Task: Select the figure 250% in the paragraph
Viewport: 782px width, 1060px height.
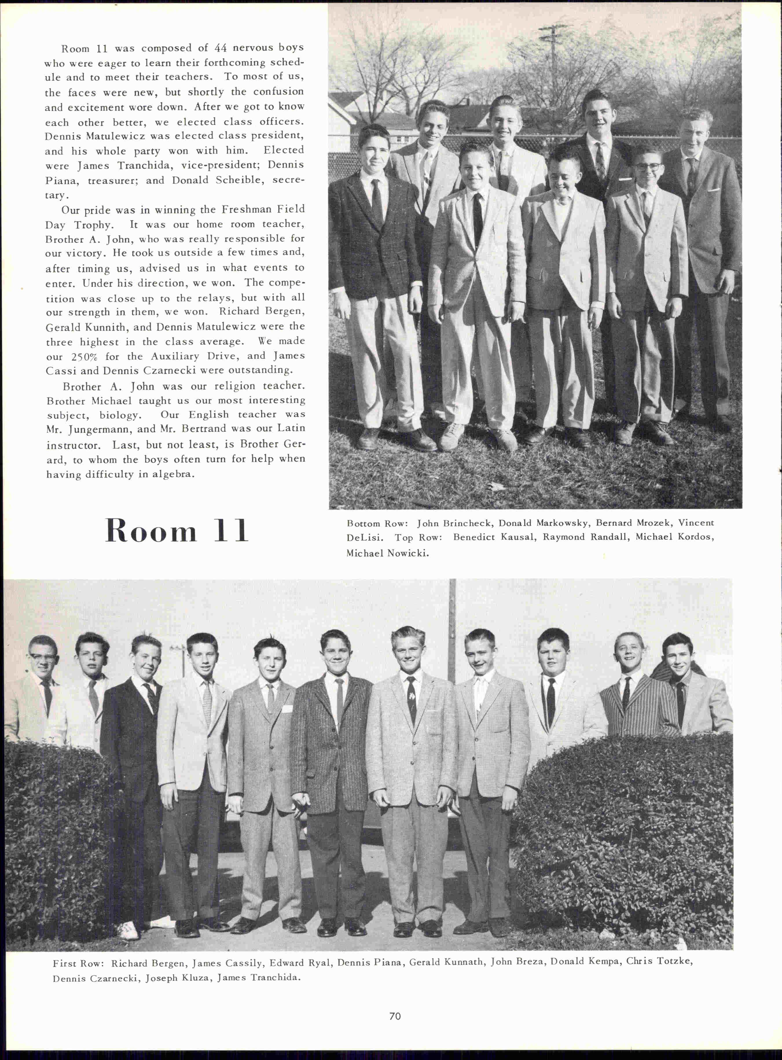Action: pos(84,357)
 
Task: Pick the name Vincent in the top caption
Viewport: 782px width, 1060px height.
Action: pos(696,523)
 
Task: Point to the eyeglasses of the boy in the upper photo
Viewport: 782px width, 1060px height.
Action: pos(647,167)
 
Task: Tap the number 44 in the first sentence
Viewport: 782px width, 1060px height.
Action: pos(220,48)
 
